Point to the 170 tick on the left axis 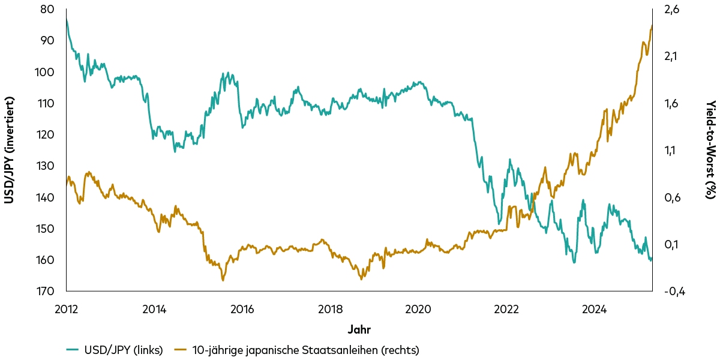(47, 291)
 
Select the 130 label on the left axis (47, 166)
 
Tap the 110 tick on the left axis (47, 103)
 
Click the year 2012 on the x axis (66, 310)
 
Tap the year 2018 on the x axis (330, 310)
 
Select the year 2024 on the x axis (594, 310)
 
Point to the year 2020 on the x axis (418, 310)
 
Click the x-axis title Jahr (359, 329)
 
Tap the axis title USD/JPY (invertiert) (9, 150)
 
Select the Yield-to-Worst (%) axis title (710, 150)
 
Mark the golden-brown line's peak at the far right (652, 25)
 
